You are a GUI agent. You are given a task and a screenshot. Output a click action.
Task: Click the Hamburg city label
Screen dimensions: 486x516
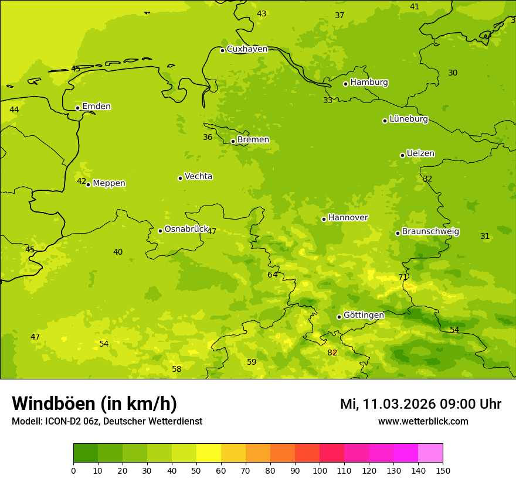click(x=369, y=83)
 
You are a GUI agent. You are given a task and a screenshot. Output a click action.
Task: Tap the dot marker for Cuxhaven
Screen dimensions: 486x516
click(x=222, y=50)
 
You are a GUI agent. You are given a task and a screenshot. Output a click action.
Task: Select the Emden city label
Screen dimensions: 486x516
click(x=96, y=107)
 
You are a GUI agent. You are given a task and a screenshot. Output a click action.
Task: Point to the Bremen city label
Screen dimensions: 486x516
click(x=253, y=140)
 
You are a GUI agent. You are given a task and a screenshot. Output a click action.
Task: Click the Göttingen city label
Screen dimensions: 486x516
click(x=364, y=316)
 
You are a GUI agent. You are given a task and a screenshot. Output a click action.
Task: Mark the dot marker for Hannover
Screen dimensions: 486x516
click(x=324, y=219)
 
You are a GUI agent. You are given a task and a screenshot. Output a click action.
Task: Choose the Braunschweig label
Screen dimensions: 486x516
click(x=430, y=232)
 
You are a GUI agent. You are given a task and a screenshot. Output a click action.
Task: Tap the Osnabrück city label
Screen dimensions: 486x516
click(x=186, y=230)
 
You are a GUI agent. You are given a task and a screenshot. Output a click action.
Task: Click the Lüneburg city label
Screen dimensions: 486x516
click(x=409, y=119)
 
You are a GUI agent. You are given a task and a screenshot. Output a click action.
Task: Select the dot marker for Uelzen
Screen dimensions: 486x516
click(x=402, y=155)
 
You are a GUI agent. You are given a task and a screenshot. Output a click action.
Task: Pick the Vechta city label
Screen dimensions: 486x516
click(x=198, y=176)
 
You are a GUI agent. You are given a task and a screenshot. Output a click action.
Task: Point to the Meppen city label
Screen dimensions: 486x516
click(x=109, y=183)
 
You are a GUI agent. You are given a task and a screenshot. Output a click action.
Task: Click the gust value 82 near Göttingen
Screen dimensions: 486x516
click(x=332, y=352)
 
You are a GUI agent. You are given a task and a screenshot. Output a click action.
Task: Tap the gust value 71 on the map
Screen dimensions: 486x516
click(x=403, y=278)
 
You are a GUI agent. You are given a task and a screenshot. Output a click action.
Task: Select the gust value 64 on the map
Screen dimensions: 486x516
click(x=273, y=275)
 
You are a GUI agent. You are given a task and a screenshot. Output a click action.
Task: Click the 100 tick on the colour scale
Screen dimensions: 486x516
click(x=320, y=470)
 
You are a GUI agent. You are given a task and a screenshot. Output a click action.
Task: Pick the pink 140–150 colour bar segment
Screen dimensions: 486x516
click(x=430, y=453)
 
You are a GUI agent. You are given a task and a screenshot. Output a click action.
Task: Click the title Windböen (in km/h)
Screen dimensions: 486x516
click(x=94, y=403)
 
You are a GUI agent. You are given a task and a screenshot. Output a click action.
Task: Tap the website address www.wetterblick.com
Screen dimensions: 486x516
click(x=423, y=422)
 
